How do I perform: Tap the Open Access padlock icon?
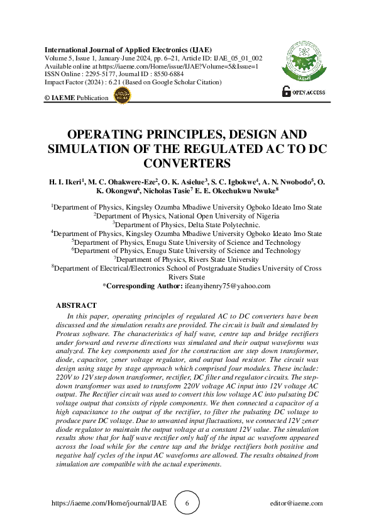(287, 92)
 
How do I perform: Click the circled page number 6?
(187, 503)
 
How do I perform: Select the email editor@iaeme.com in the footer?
(295, 504)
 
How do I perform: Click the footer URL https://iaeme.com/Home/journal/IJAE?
(108, 504)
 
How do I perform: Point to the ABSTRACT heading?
(76, 305)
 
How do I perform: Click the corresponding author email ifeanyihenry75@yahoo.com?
(228, 285)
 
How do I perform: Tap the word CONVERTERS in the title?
(186, 164)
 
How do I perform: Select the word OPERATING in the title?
(104, 135)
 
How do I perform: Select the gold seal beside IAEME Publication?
(121, 96)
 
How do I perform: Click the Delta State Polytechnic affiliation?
(186, 223)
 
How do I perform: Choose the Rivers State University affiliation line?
(187, 259)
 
